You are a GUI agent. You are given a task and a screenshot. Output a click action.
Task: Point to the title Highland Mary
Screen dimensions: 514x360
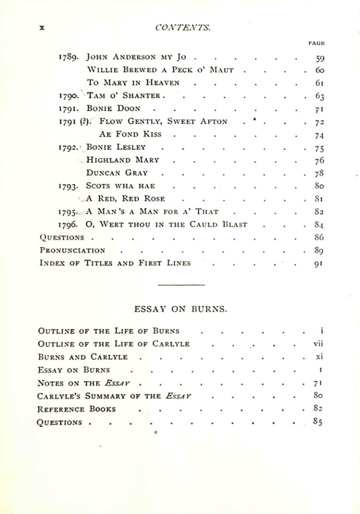[123, 160]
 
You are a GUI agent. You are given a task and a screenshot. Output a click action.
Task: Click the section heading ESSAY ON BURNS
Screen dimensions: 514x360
[182, 308]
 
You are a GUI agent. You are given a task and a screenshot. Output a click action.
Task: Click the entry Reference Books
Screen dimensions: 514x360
[77, 408]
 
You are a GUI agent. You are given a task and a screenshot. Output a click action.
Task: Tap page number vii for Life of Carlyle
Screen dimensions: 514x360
[316, 344]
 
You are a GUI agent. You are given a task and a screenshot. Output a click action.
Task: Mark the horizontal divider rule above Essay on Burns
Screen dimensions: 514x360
[182, 286]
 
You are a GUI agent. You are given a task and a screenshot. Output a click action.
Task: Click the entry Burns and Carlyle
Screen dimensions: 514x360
[83, 357]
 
